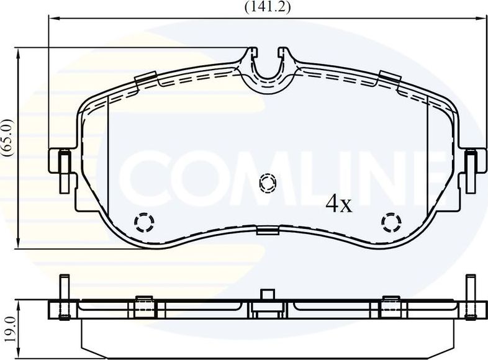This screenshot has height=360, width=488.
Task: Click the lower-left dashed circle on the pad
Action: (x=144, y=222)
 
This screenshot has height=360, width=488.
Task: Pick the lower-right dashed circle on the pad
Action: (x=391, y=222)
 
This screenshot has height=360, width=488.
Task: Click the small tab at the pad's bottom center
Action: (x=267, y=232)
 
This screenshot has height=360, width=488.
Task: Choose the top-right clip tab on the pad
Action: (x=389, y=78)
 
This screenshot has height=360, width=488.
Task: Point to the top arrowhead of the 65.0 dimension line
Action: (x=20, y=51)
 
